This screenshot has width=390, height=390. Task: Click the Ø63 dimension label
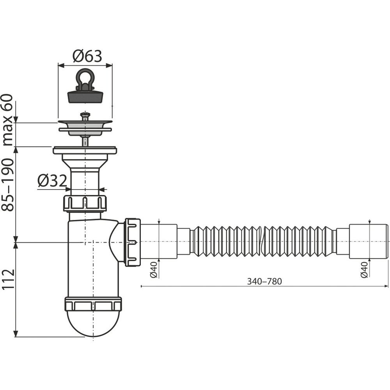tap(87, 56)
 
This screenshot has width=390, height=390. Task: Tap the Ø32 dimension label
tap(52, 181)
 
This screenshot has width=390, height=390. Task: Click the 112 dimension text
tap(7, 279)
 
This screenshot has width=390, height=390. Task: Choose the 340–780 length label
tap(264, 281)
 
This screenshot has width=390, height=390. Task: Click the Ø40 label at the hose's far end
tap(364, 269)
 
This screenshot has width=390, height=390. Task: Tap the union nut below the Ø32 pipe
tap(85, 204)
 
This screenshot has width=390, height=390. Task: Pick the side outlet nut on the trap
tap(133, 242)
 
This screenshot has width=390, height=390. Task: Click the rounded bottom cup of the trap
tap(93, 324)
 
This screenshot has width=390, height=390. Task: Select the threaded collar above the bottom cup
tap(93, 303)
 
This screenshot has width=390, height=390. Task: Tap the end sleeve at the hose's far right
tap(369, 241)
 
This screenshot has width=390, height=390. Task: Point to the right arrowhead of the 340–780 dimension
tap(386, 286)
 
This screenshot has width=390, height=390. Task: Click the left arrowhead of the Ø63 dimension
tap(61, 66)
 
